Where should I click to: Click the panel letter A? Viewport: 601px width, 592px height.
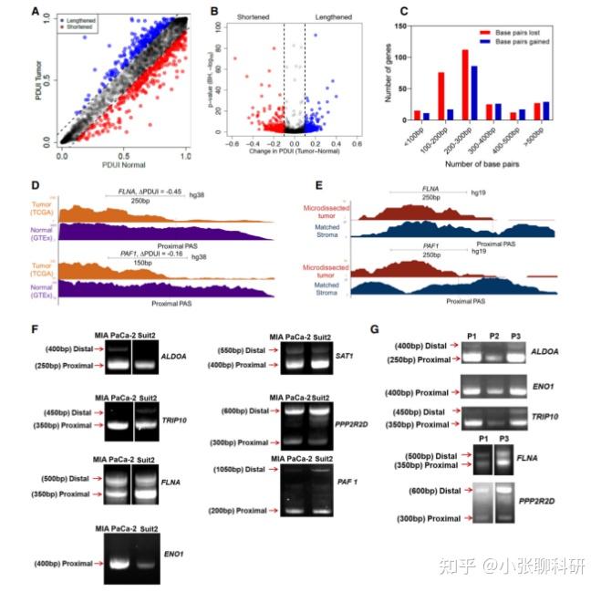[35, 13]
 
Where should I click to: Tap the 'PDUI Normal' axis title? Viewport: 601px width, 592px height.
[124, 166]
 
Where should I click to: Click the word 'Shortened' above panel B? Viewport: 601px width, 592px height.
[232, 16]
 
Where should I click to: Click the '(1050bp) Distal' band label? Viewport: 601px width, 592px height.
[244, 469]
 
